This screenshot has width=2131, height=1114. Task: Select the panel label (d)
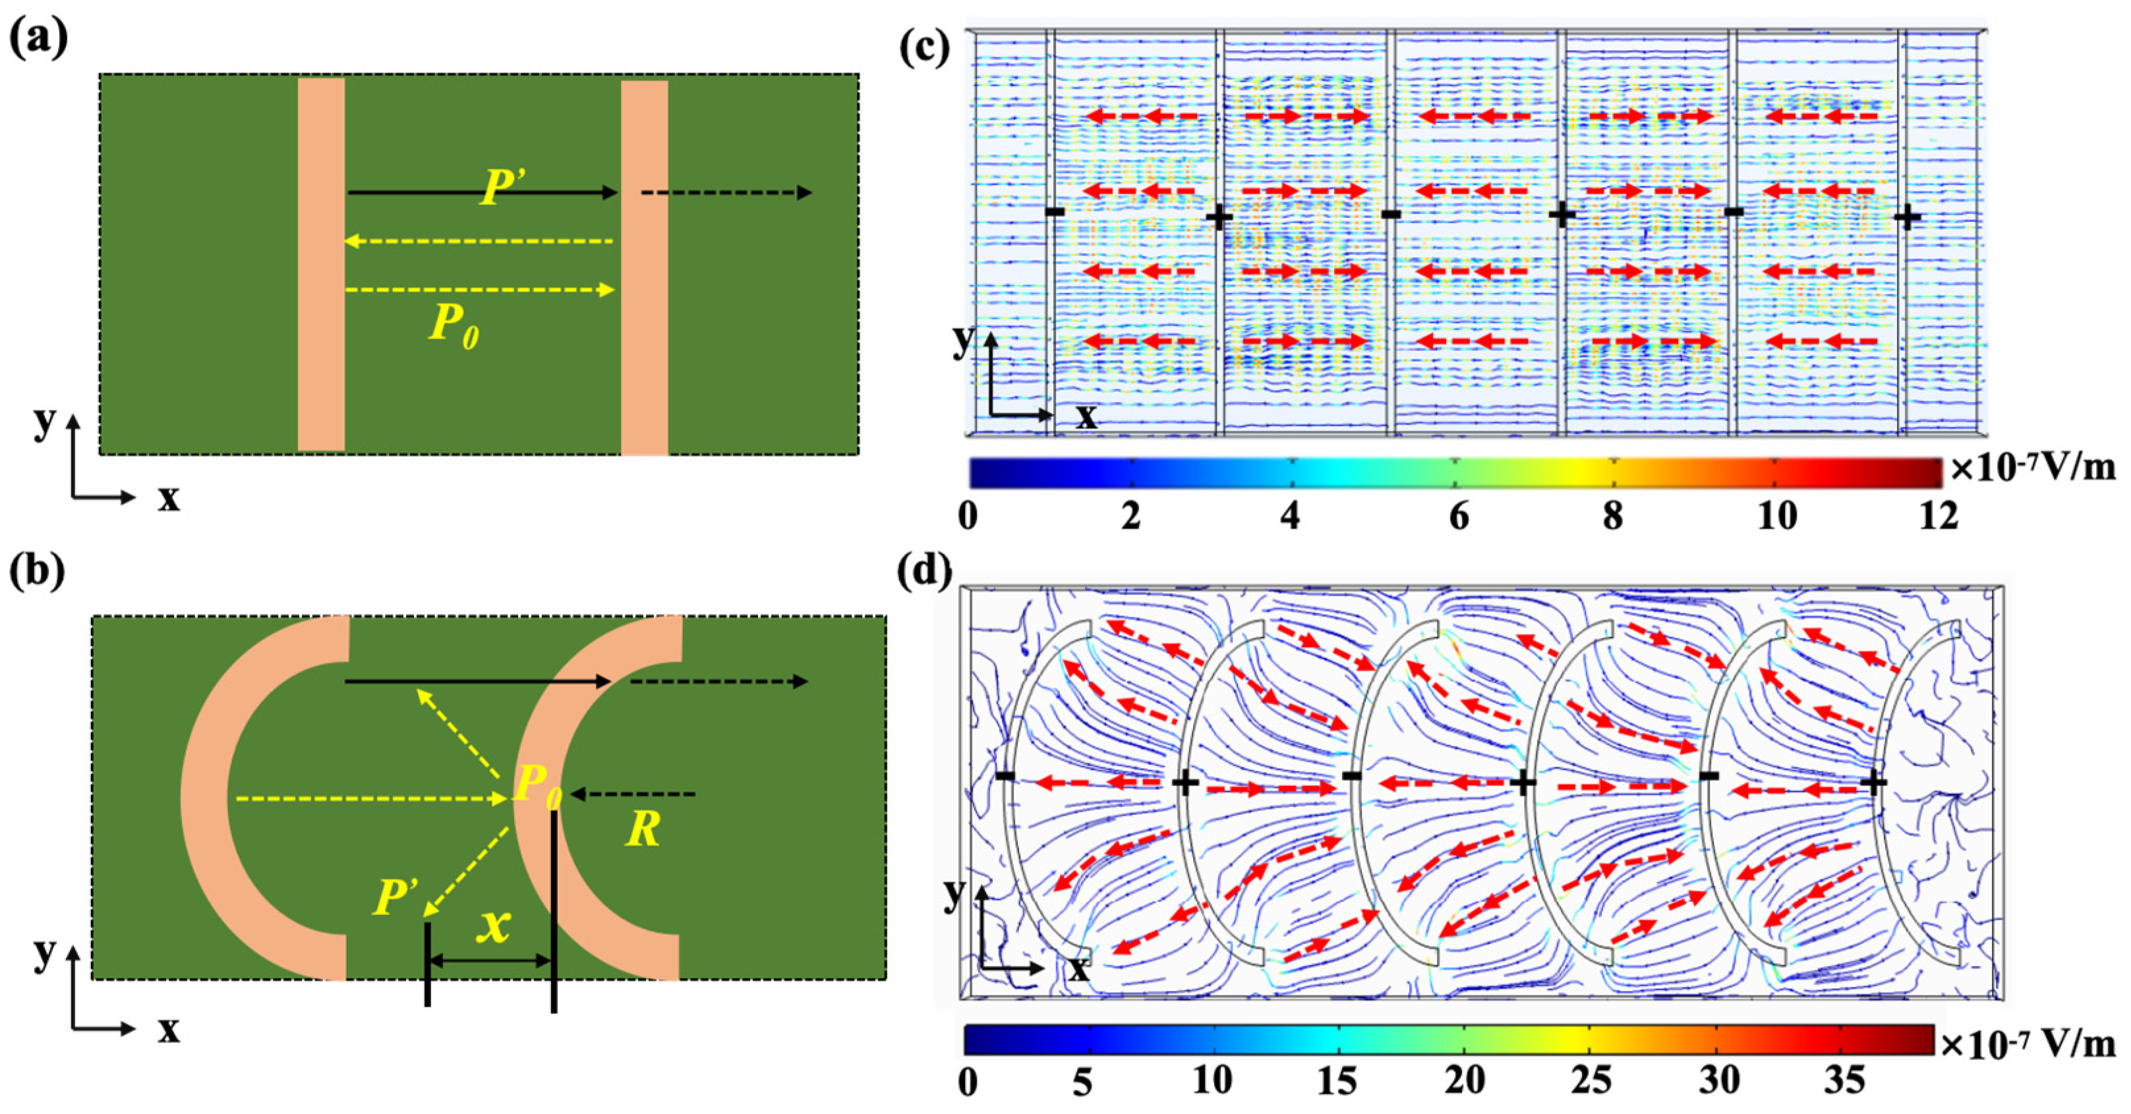tap(925, 570)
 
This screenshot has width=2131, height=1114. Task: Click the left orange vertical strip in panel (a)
tap(321, 265)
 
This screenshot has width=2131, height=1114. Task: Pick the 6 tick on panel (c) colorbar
tap(1459, 517)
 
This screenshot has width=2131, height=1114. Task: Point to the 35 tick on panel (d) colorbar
tap(1844, 1081)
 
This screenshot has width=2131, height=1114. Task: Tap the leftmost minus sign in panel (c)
tap(1055, 211)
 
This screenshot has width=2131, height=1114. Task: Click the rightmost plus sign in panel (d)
tap(1874, 781)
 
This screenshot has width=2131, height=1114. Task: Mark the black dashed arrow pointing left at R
tap(633, 794)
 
